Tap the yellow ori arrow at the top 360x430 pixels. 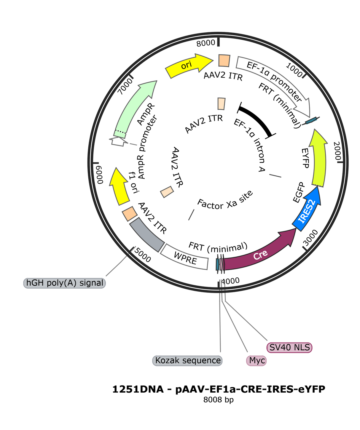189,65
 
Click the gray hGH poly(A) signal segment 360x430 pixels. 147,235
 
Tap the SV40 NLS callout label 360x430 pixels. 289,347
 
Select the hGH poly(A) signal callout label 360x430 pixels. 65,283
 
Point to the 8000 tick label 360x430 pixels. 206,44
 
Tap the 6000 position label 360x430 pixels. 100,175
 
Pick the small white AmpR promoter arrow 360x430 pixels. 119,141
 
